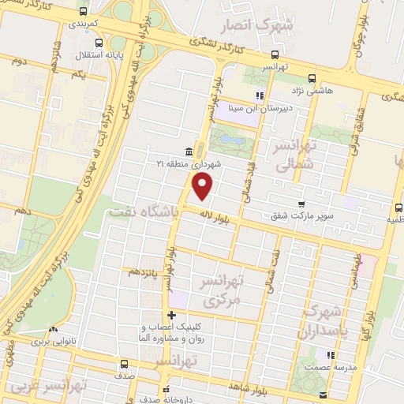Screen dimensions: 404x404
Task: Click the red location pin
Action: click(x=203, y=185)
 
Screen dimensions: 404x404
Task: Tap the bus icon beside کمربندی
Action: click(x=84, y=12)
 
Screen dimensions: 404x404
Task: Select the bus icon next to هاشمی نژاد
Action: click(x=312, y=78)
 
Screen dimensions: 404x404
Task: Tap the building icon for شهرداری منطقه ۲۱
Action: click(x=189, y=151)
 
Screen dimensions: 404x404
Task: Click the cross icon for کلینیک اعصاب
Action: click(x=171, y=316)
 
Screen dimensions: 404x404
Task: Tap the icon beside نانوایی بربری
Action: click(x=52, y=331)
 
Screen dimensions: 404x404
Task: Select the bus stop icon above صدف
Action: click(x=124, y=365)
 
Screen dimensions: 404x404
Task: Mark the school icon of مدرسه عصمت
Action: click(x=329, y=355)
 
